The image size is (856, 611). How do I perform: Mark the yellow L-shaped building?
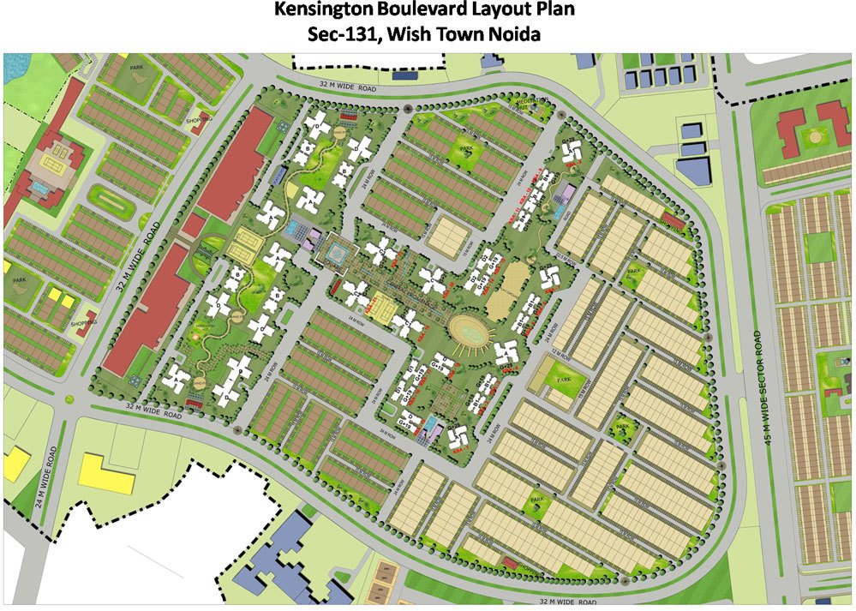(106, 473)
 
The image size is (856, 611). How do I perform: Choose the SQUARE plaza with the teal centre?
(335, 253)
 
